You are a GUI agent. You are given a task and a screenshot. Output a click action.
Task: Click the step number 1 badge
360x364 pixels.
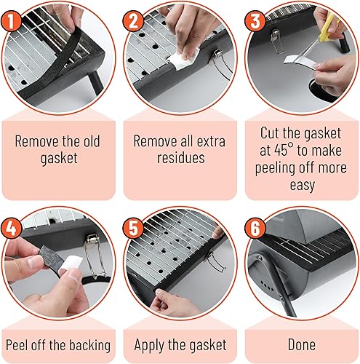pos(11,21)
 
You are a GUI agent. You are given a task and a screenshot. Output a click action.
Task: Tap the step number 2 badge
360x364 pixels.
pos(133,21)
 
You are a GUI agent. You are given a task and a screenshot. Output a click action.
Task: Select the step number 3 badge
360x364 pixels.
pos(255,21)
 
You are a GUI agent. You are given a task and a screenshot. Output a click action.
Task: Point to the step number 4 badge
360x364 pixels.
pos(11,229)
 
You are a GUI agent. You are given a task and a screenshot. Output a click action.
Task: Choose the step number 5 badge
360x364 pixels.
pos(133,229)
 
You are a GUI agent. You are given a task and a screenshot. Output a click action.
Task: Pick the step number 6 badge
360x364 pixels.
pos(255,229)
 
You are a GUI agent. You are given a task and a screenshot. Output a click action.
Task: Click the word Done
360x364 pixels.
pos(302,344)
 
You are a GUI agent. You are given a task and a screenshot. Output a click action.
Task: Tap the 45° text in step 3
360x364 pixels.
pos(284,151)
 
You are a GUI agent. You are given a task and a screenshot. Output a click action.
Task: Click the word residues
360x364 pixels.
pos(180,158)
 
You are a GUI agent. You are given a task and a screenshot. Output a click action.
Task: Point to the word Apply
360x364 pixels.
pos(149,345)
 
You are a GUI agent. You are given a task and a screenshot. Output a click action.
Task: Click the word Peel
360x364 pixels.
pos(17,345)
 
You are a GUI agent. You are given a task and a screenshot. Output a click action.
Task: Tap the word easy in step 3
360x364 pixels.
pos(303,186)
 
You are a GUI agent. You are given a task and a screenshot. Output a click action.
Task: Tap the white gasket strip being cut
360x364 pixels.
pos(300,61)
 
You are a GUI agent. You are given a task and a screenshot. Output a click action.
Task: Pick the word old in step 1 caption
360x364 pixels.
pos(92,141)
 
